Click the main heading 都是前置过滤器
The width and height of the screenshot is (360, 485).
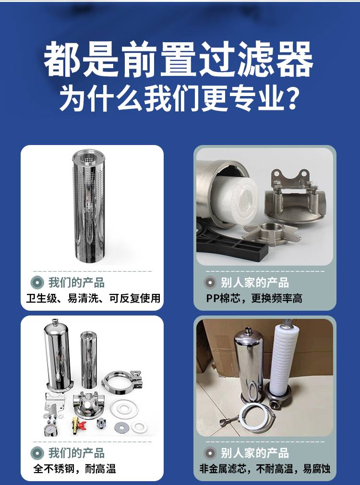179,59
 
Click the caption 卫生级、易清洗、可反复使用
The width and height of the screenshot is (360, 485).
93,298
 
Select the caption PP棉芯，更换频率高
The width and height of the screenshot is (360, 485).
254,298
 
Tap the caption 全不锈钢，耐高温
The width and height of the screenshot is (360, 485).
74,469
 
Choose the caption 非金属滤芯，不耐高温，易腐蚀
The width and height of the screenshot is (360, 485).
265,469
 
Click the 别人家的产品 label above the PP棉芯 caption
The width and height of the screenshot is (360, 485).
255,282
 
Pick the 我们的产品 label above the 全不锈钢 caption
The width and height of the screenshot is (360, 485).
76,453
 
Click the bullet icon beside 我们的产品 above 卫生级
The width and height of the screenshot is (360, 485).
37,282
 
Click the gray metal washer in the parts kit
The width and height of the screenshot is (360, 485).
121,427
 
